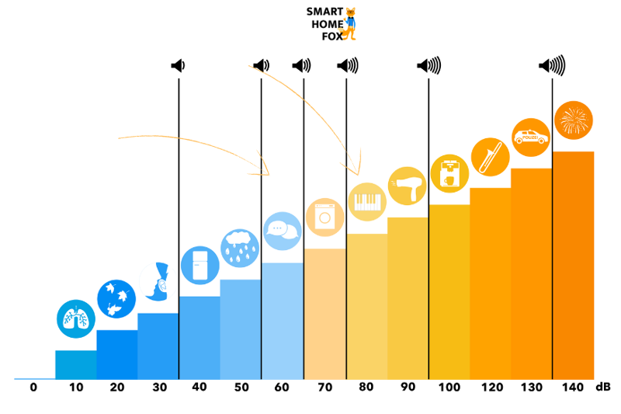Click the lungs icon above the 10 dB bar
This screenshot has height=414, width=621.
pyautogui.click(x=76, y=318)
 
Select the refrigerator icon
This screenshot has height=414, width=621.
pyautogui.click(x=199, y=266)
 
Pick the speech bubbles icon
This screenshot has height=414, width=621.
pyautogui.click(x=282, y=230)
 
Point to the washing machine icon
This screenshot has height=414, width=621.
pyautogui.click(x=324, y=217)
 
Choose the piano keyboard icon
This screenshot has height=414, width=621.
pyautogui.click(x=366, y=202)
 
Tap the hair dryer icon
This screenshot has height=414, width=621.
pyautogui.click(x=407, y=186)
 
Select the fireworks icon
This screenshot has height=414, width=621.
pyautogui.click(x=574, y=120)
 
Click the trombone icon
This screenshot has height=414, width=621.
pyautogui.click(x=490, y=156)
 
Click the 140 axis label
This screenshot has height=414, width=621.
pyautogui.click(x=572, y=387)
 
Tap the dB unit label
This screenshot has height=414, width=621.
pyautogui.click(x=604, y=387)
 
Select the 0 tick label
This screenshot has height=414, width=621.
pyautogui.click(x=33, y=387)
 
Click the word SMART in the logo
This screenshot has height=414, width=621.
pyautogui.click(x=324, y=12)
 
